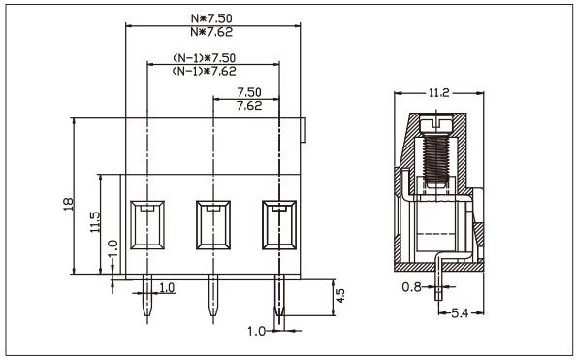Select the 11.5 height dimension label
coord(93,223)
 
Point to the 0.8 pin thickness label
coord(411,287)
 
